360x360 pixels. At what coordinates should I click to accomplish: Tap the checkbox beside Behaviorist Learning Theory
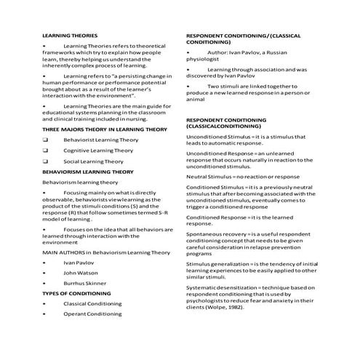(x=46, y=139)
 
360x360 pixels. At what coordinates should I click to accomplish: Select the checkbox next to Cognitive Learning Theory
(x=46, y=151)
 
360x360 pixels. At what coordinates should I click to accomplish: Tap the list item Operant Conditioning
(x=92, y=314)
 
